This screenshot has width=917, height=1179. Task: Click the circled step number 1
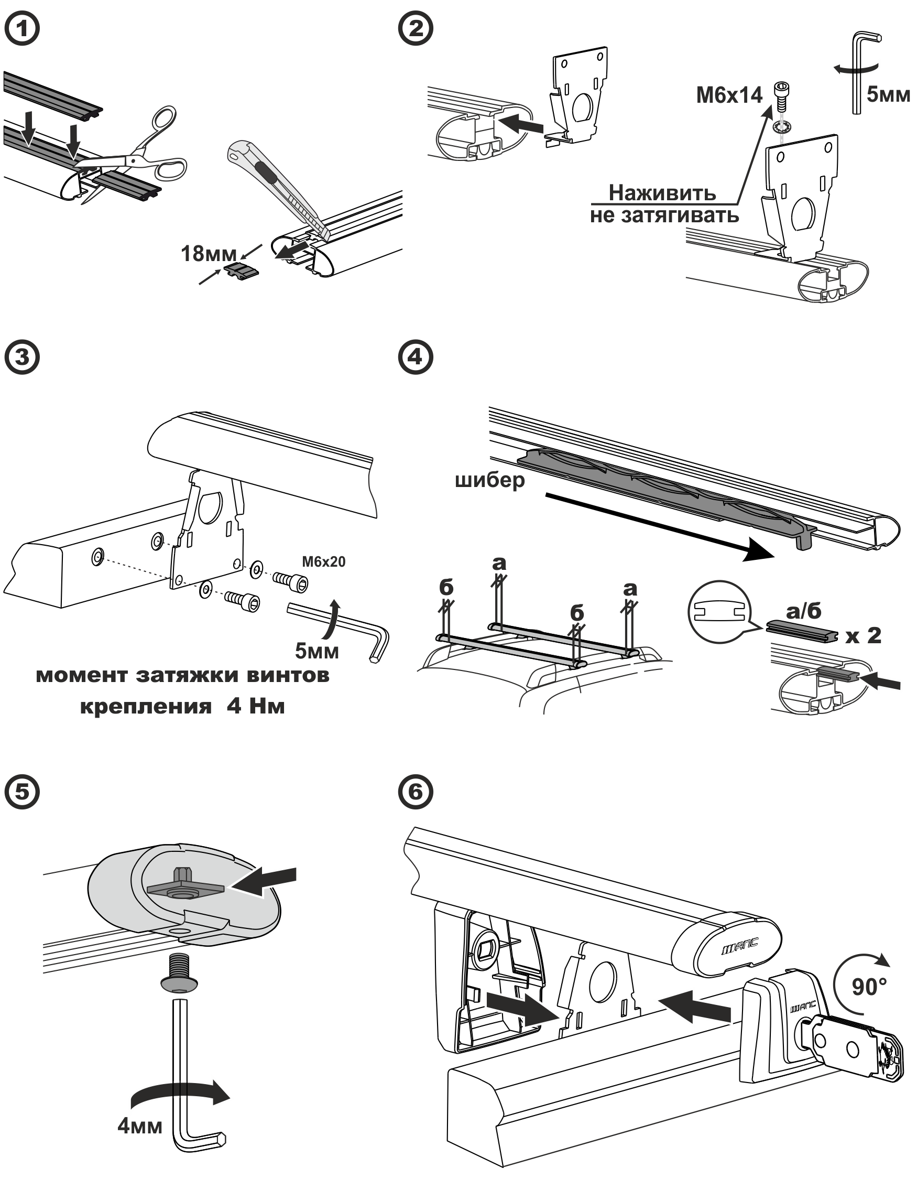tap(22, 29)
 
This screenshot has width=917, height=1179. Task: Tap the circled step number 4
tap(415, 358)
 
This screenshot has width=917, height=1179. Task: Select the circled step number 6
tap(415, 792)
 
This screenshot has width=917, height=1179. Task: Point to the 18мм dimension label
tap(209, 253)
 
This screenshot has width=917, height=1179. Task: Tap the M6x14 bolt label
tap(729, 95)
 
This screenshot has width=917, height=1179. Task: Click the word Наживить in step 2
tap(662, 193)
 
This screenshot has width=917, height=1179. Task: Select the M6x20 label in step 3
tap(323, 562)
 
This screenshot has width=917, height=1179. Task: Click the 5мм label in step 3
tap(317, 651)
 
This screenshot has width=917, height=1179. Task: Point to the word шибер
tap(489, 480)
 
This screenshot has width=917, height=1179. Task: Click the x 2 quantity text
tap(864, 635)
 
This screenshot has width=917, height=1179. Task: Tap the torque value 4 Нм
tap(255, 706)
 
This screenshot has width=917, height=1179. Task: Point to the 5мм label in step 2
tap(888, 94)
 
